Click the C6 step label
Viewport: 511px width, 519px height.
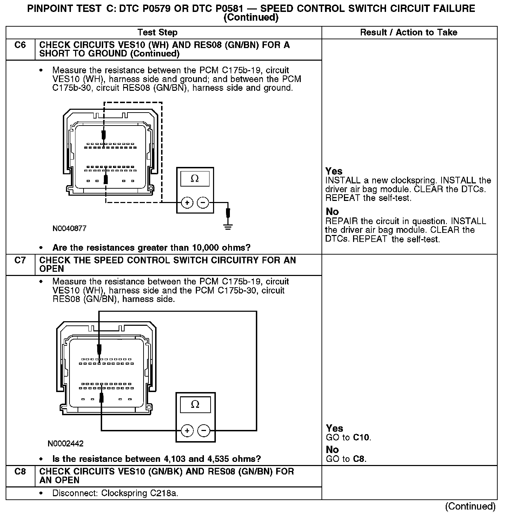point(20,45)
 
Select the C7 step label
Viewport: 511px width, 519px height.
point(20,261)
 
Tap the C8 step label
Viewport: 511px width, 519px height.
point(20,472)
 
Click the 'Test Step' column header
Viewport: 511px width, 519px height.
point(158,33)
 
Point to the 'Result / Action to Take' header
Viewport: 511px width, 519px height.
point(409,33)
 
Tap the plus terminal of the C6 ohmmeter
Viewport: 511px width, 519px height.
point(187,203)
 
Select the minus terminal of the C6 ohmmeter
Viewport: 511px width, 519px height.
point(203,203)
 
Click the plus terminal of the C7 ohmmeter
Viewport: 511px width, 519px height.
point(187,430)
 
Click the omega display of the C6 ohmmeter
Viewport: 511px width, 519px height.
point(195,179)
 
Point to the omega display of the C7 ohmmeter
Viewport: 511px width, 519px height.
point(195,405)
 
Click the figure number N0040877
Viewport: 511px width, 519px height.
point(69,229)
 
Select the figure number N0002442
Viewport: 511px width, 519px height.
point(66,444)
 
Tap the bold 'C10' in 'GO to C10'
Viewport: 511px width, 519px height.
point(361,438)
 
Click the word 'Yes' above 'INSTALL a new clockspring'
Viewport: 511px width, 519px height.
point(334,171)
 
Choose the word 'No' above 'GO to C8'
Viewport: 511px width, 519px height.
point(332,450)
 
